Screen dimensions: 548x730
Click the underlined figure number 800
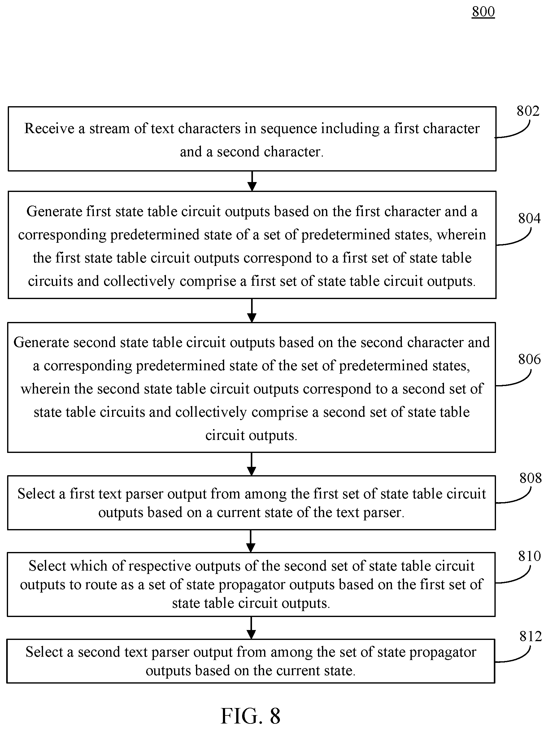pos(483,11)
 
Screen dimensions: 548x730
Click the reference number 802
pos(528,111)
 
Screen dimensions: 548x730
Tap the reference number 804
pos(529,218)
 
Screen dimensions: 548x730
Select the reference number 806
pos(529,359)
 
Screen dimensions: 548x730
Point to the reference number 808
pos(530,478)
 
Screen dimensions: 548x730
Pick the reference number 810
pos(529,556)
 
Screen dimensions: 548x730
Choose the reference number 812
pos(530,636)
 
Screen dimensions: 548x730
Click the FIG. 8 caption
pos(250,716)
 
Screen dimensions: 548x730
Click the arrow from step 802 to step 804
pos(252,181)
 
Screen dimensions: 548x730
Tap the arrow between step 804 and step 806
pos(252,311)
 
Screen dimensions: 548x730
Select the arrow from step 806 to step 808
pos(251,464)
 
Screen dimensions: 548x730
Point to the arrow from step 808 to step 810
pos(251,541)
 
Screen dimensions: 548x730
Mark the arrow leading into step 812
pos(251,628)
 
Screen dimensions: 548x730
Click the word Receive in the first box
pos(49,128)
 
